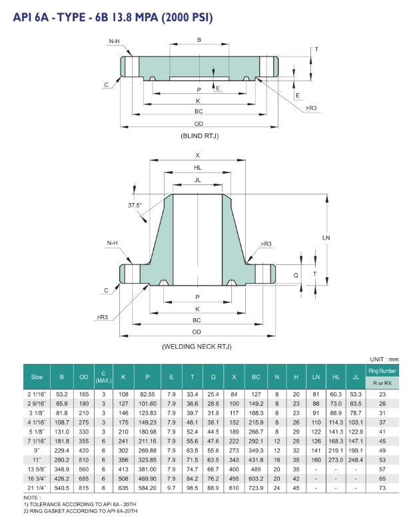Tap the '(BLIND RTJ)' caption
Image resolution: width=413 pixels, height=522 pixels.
(199, 136)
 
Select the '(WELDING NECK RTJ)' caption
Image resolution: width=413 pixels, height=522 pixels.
(198, 347)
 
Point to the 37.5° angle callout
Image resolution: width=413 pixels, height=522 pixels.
(136, 205)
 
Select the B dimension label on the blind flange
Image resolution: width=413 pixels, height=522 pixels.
(199, 41)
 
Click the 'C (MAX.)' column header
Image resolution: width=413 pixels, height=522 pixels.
(104, 377)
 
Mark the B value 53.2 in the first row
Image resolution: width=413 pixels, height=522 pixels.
(62, 394)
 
